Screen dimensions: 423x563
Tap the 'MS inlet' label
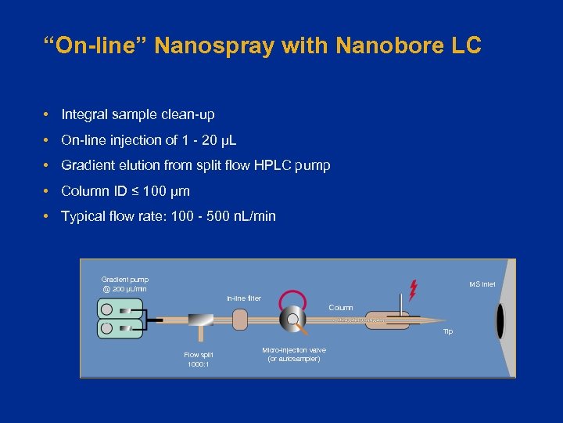coord(482,284)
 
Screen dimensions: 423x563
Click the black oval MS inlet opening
coord(500,320)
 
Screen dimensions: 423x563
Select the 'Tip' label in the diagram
coord(447,332)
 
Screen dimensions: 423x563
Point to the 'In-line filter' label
coord(244,298)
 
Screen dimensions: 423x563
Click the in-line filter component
coord(239,319)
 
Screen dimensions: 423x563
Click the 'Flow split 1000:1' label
coord(198,360)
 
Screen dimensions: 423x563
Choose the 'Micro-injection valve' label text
coord(294,349)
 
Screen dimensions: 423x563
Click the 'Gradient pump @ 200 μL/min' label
coord(124,284)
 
